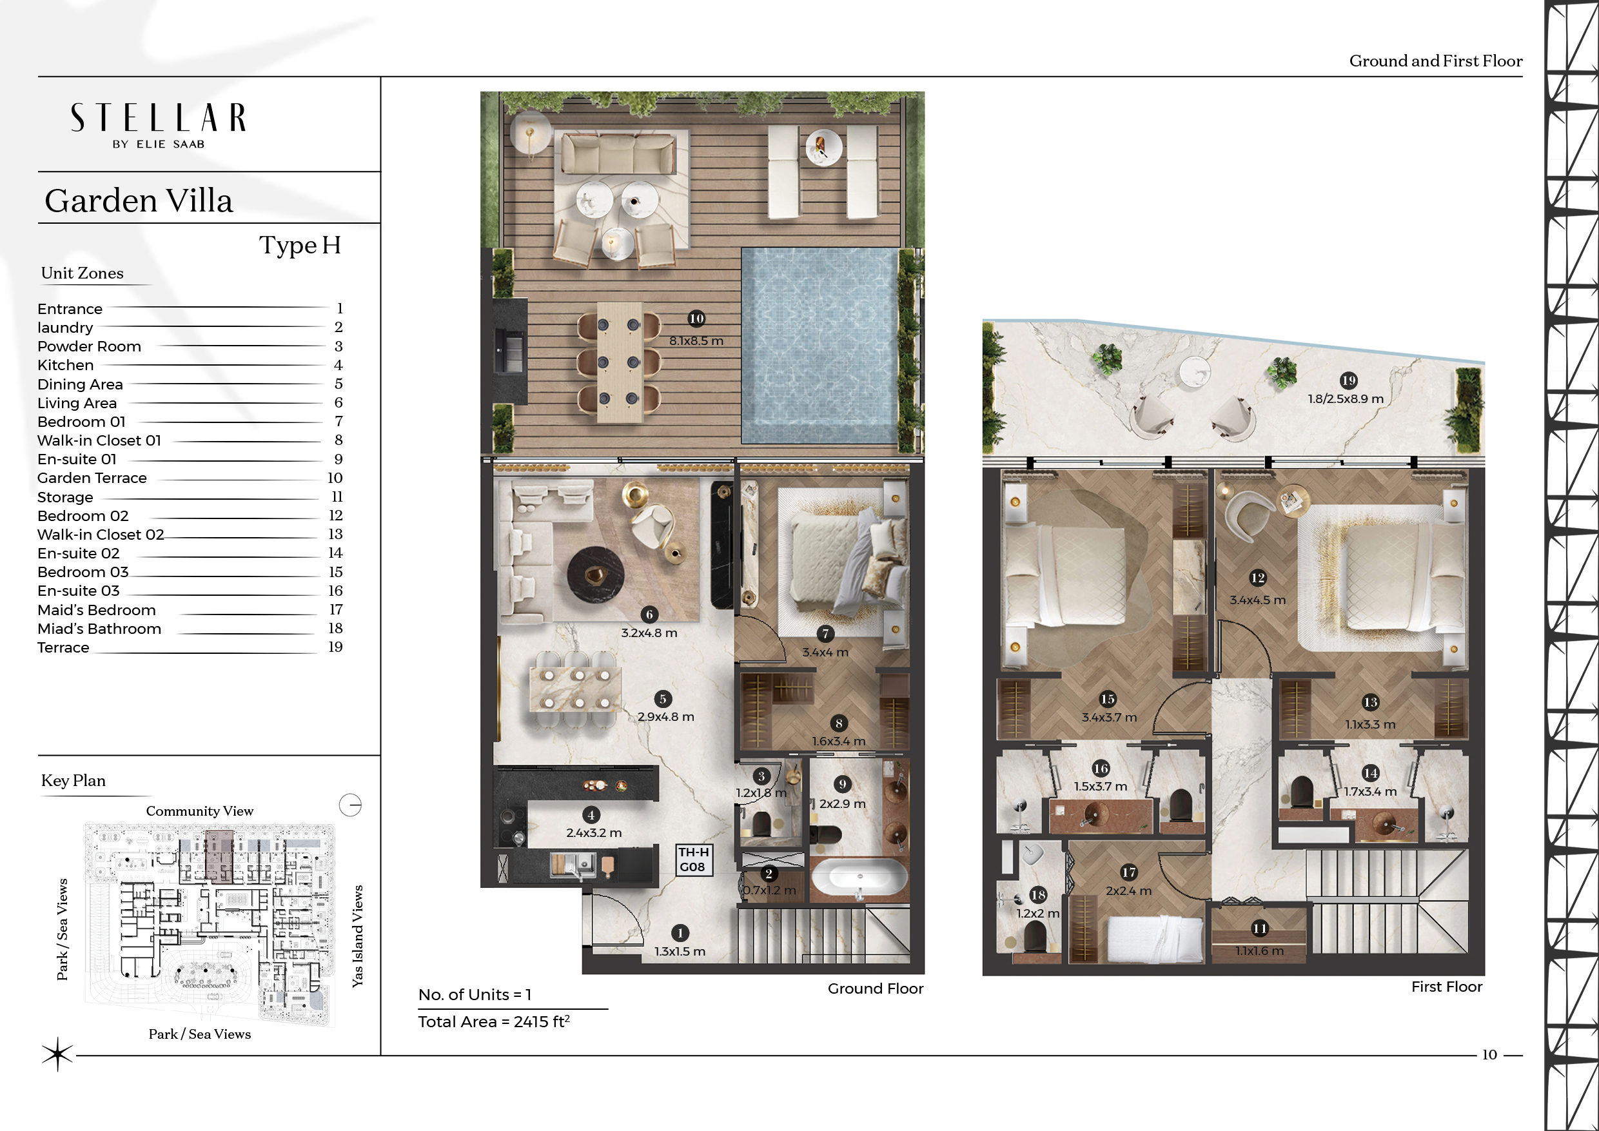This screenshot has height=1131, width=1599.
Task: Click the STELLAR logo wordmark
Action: point(158,118)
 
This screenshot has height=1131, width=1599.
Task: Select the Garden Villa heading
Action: point(139,201)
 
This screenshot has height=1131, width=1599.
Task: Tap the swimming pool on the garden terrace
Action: point(819,346)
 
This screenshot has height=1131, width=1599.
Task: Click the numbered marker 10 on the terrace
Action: point(696,319)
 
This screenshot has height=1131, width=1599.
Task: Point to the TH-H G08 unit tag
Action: point(694,860)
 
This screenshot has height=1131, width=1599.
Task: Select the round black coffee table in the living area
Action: point(596,575)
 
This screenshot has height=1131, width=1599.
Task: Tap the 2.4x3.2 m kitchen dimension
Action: point(594,832)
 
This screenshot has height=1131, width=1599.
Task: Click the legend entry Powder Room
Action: point(89,346)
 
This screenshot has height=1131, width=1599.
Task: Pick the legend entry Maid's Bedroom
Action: point(97,610)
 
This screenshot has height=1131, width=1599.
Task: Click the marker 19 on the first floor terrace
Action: point(1348,380)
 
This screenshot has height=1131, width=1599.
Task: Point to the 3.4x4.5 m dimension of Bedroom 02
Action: point(1258,600)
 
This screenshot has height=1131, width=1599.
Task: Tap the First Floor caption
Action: point(1446,986)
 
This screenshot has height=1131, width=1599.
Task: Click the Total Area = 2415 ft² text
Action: point(494,1021)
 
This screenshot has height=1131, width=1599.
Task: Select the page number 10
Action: point(1489,1054)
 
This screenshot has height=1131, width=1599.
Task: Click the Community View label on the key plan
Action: point(200,811)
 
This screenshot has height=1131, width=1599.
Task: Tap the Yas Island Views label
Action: point(357,936)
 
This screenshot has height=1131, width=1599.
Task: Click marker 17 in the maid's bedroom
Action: point(1129,872)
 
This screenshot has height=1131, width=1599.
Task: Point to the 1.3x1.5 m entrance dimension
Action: point(680,951)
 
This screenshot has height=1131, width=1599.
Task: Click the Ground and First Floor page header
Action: point(1436,61)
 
